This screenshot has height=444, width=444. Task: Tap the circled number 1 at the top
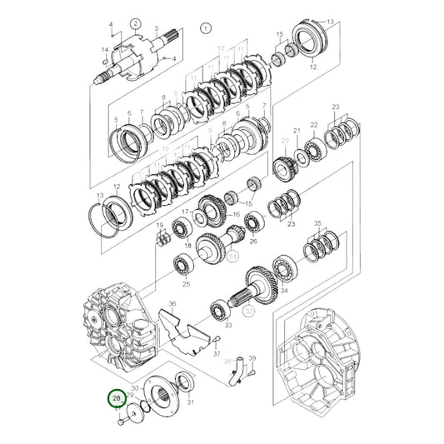point(203,27)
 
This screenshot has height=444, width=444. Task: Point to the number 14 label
point(105,51)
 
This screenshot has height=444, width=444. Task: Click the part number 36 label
point(172,305)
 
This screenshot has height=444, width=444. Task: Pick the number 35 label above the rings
point(317,225)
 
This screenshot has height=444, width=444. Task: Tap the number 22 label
point(314,126)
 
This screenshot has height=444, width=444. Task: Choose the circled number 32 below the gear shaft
point(248,311)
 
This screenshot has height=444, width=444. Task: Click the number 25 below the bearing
point(186,284)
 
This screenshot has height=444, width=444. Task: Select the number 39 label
point(252,357)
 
